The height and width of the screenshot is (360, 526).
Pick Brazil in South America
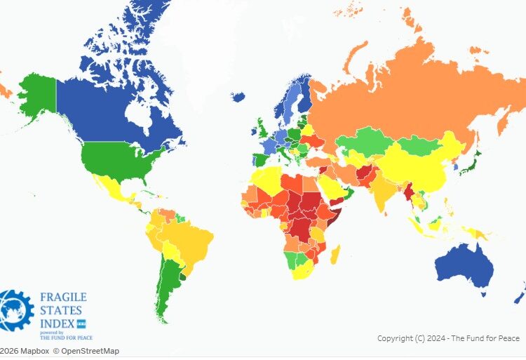pos(193,242)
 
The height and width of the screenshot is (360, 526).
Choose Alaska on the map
pos(35,98)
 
